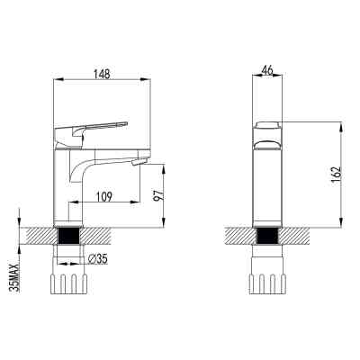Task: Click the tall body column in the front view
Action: (266, 184)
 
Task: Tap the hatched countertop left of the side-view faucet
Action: (40, 237)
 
